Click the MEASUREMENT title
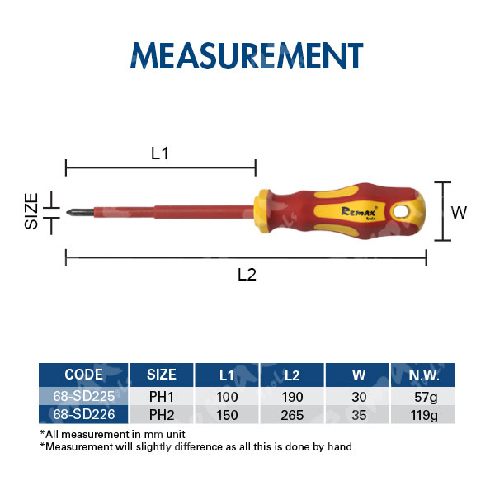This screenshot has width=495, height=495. (247, 55)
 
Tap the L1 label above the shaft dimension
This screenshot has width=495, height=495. (160, 153)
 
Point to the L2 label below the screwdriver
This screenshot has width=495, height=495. (247, 275)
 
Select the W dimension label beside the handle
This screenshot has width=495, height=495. (459, 213)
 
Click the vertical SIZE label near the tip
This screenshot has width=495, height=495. (31, 211)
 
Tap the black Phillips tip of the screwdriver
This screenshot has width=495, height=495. (80, 212)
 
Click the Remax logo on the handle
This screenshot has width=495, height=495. (359, 212)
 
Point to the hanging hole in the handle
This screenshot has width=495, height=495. (403, 211)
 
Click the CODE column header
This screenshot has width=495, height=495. (83, 375)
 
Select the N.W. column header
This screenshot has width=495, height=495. (424, 375)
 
